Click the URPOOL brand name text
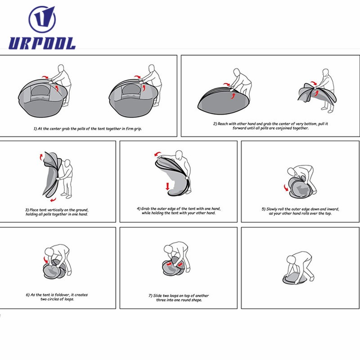click(x=42, y=43)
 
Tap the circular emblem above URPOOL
click(x=42, y=19)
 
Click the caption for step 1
click(x=88, y=129)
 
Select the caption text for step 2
click(x=270, y=126)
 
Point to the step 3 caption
click(x=57, y=212)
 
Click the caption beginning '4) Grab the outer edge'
click(x=179, y=211)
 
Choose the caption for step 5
click(x=300, y=211)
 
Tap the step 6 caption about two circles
click(x=57, y=297)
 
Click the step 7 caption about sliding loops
click(x=179, y=298)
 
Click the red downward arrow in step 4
click(x=167, y=186)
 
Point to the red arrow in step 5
click(x=286, y=188)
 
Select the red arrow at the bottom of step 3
click(x=53, y=200)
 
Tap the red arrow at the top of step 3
click(x=41, y=157)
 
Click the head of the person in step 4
click(x=179, y=154)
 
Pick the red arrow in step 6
click(x=46, y=260)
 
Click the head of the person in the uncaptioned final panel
click(x=291, y=260)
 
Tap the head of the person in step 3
click(x=67, y=163)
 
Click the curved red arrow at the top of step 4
click(x=157, y=153)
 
